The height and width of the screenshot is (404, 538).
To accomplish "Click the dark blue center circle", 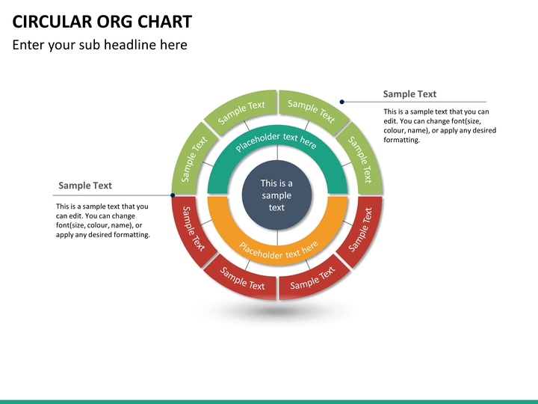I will tap(276, 195).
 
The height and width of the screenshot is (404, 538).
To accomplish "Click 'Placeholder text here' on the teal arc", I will tap(276, 140).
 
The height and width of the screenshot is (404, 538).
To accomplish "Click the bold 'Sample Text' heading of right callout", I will tap(409, 94).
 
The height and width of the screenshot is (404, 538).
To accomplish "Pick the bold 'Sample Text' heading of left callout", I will tap(85, 186).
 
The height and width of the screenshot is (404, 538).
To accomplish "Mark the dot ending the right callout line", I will tap(342, 102).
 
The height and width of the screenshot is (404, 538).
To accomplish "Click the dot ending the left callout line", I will tap(173, 195).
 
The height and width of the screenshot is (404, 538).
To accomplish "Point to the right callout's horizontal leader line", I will tap(418, 102).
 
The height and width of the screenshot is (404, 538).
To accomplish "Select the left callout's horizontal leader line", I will tap(112, 195).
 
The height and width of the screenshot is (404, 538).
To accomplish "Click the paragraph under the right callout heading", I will tap(439, 126).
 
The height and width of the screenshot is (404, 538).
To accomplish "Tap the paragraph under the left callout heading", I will tap(102, 221).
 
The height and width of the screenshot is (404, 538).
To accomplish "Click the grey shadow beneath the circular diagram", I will tap(276, 310).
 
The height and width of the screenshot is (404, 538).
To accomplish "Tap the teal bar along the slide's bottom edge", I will tap(269, 402).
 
